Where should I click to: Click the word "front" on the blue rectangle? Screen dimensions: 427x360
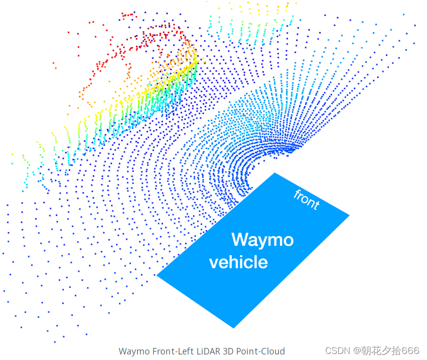[x=306, y=200]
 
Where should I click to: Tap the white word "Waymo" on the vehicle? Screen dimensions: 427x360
[x=262, y=240]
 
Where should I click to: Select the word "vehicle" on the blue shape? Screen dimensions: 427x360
[x=238, y=262]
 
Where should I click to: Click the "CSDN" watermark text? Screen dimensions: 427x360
[x=337, y=350]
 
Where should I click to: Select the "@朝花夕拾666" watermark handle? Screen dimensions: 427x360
[x=386, y=350]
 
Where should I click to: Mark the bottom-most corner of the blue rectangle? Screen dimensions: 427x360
[x=234, y=328]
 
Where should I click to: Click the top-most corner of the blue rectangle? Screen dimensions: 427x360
[x=275, y=173]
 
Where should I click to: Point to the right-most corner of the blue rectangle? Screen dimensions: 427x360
[x=349, y=216]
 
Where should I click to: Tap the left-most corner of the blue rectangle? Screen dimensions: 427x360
[x=157, y=275]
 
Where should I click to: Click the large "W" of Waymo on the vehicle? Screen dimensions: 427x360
[x=240, y=240]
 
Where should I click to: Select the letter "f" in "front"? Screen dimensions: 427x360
[x=297, y=194]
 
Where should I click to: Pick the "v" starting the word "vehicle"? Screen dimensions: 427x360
[x=213, y=263]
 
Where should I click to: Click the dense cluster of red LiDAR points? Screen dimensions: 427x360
[x=151, y=38]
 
